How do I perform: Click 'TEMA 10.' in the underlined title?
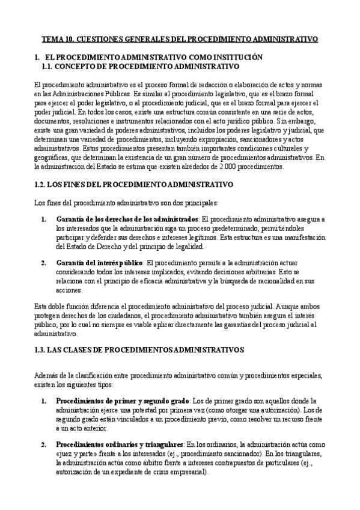click(56, 40)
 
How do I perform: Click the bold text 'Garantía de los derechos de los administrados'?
click(126, 219)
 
